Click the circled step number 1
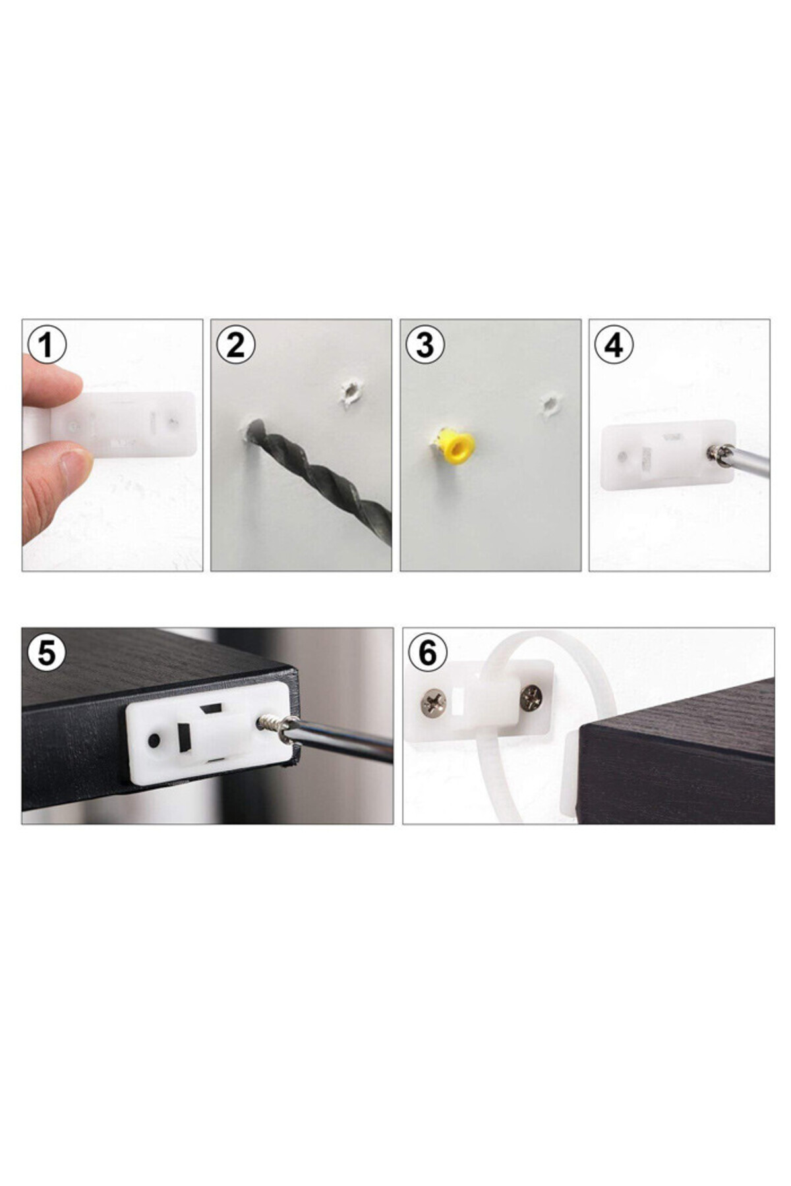point(46,345)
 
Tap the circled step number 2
point(235,345)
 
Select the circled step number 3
point(425,345)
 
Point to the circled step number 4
point(614,345)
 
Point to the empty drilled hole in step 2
point(350,393)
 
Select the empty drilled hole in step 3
point(549,406)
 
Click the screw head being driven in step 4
point(716,453)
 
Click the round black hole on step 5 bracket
point(154,741)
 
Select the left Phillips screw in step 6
point(433,702)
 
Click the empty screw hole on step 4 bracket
point(623,456)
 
